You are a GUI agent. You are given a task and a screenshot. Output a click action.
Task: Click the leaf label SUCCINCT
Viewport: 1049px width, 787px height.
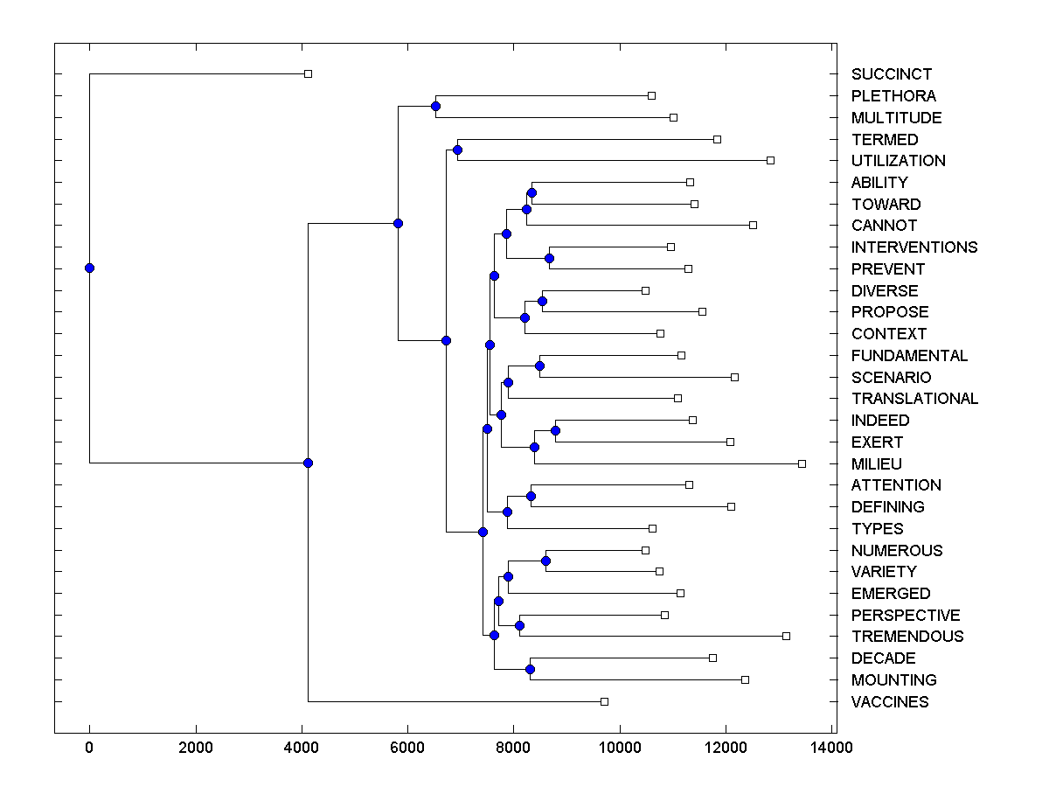891,74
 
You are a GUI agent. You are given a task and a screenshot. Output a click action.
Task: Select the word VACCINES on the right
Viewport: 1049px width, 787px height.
890,702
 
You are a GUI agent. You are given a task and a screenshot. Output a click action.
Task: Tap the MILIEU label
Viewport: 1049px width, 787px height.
876,464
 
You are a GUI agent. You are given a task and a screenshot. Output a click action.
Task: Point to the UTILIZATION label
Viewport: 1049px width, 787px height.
898,161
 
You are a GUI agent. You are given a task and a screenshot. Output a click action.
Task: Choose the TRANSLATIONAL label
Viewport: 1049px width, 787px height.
914,399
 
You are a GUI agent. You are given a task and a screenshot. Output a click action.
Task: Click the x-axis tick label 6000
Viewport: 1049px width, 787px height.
407,748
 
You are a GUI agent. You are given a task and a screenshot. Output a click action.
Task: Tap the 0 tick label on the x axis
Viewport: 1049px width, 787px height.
89,748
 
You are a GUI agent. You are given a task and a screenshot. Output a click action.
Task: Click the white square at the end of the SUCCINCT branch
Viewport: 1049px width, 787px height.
308,73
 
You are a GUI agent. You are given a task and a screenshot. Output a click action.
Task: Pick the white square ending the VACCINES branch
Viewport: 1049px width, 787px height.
604,701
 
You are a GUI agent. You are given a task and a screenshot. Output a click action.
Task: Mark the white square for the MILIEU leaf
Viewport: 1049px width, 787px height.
802,463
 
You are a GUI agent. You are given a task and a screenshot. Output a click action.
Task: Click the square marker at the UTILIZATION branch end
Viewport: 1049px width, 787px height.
770,160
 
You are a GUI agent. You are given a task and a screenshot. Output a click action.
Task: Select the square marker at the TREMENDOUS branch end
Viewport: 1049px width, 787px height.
786,636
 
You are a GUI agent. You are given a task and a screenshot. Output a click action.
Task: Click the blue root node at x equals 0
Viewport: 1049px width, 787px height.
89,268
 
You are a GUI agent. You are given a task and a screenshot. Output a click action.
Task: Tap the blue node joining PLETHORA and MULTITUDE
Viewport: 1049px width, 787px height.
435,106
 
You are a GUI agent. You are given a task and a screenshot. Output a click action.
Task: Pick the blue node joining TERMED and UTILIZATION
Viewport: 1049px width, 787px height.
457,150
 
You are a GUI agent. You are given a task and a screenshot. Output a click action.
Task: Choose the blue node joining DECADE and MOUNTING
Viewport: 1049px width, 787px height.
530,669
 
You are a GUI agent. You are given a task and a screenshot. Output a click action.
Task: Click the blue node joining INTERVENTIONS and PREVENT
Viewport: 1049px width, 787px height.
549,258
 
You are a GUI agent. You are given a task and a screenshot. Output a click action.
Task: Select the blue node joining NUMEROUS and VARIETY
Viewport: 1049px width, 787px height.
545,561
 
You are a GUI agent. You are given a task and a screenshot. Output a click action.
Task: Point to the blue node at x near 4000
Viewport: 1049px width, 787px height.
308,463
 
